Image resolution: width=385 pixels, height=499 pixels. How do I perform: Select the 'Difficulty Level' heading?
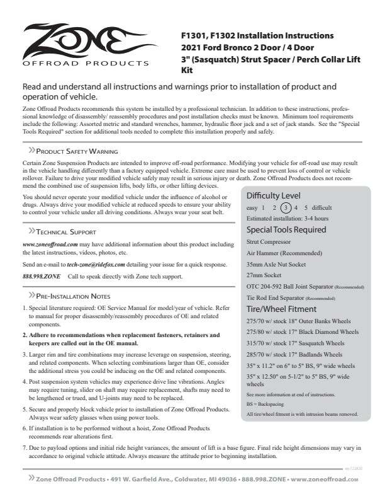pyautogui.click(x=273, y=195)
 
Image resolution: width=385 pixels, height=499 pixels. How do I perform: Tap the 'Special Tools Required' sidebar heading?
pyautogui.click(x=286, y=229)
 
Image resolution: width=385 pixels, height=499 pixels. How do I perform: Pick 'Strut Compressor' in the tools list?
pyautogui.click(x=269, y=241)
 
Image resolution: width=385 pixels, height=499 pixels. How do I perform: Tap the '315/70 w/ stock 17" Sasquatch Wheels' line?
pyautogui.click(x=295, y=344)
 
